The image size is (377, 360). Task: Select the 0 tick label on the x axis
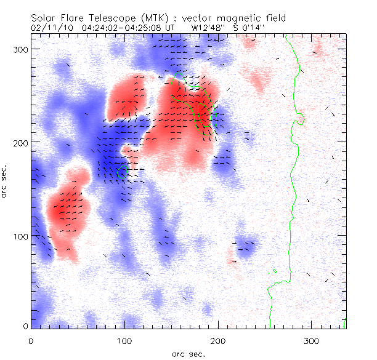coord(31,340)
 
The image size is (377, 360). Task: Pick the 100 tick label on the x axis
coord(124,340)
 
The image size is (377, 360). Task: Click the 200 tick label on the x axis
coord(218,340)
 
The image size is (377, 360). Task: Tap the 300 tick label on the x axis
coord(312,340)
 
